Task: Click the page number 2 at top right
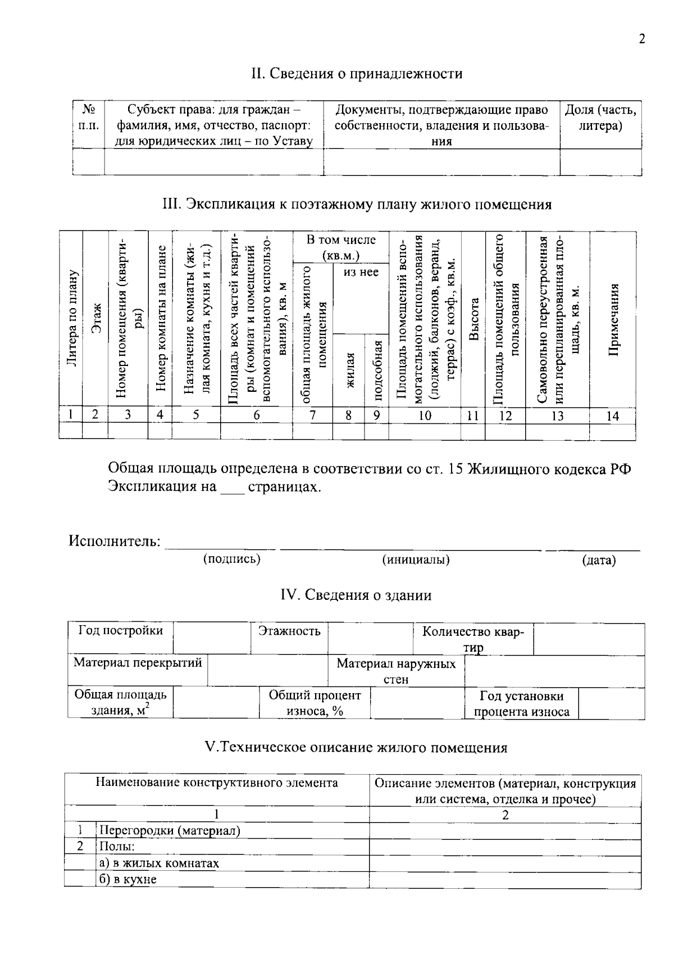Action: [642, 39]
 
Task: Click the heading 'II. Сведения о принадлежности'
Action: [357, 74]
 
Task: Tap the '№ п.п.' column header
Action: [88, 117]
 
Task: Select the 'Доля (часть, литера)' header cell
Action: [600, 117]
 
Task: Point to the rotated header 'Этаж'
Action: [95, 318]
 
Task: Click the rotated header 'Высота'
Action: [473, 318]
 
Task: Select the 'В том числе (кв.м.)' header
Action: [340, 247]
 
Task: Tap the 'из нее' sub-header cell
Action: [361, 272]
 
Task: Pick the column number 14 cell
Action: [613, 415]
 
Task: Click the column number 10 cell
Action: [425, 415]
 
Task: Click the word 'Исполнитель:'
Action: [115, 541]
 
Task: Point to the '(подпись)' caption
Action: [231, 558]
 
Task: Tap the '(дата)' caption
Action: [599, 560]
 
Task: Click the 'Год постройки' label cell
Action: [120, 631]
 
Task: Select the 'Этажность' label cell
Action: [289, 631]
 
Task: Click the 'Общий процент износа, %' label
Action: [315, 703]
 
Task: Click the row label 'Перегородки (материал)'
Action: [170, 830]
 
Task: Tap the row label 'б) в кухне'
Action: [128, 879]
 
